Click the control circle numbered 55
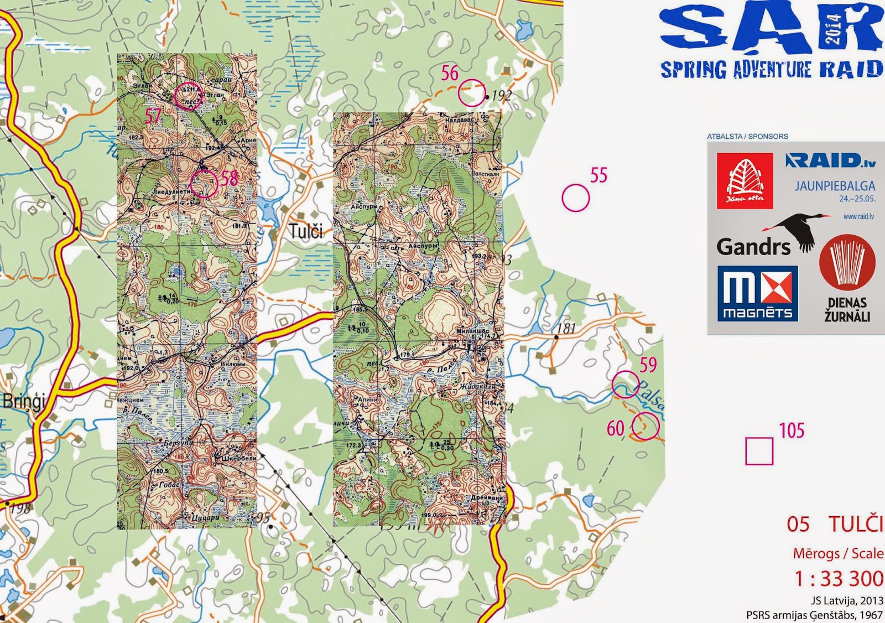tap(576, 198)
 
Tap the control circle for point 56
tap(471, 93)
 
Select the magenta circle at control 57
tap(188, 96)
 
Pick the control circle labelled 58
tap(204, 183)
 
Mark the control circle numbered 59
tap(626, 384)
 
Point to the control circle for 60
tap(645, 427)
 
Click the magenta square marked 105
tap(759, 451)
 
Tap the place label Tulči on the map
tap(306, 231)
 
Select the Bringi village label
tap(23, 401)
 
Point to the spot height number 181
tap(566, 328)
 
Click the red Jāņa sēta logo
tap(745, 181)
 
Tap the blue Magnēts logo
tap(757, 293)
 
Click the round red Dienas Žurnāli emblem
tap(847, 263)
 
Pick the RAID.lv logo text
tap(831, 160)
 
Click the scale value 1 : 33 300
tap(839, 578)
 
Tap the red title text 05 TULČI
tap(835, 524)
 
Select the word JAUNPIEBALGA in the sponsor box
tap(835, 186)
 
